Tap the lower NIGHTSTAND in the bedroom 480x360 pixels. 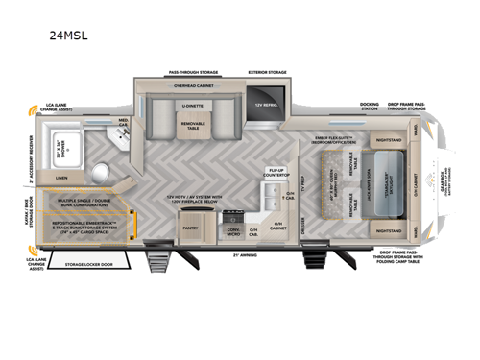tap(389, 230)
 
